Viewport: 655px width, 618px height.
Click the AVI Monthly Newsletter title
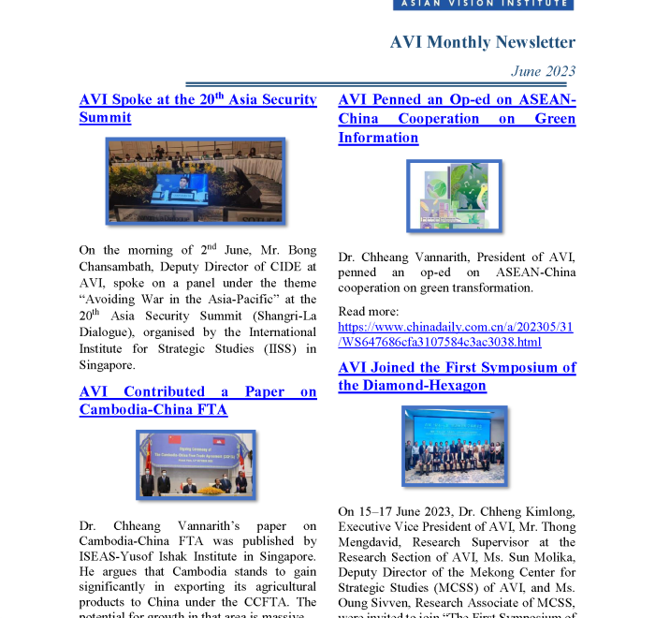pos(482,42)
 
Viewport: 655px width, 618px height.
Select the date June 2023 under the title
pos(543,71)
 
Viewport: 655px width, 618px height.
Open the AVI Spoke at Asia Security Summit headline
pos(197,109)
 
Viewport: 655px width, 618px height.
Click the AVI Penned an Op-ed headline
pos(457,119)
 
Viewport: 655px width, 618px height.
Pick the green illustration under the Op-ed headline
pos(455,196)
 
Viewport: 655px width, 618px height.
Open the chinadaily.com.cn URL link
pos(456,334)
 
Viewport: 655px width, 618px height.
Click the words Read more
pos(369,311)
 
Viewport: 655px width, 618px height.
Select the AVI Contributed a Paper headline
pos(197,401)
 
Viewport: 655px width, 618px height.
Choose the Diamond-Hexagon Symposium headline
pos(457,376)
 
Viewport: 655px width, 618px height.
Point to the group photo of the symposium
pos(455,446)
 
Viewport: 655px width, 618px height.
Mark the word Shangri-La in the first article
pos(284,316)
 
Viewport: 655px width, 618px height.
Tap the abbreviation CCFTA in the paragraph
pos(266,601)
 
